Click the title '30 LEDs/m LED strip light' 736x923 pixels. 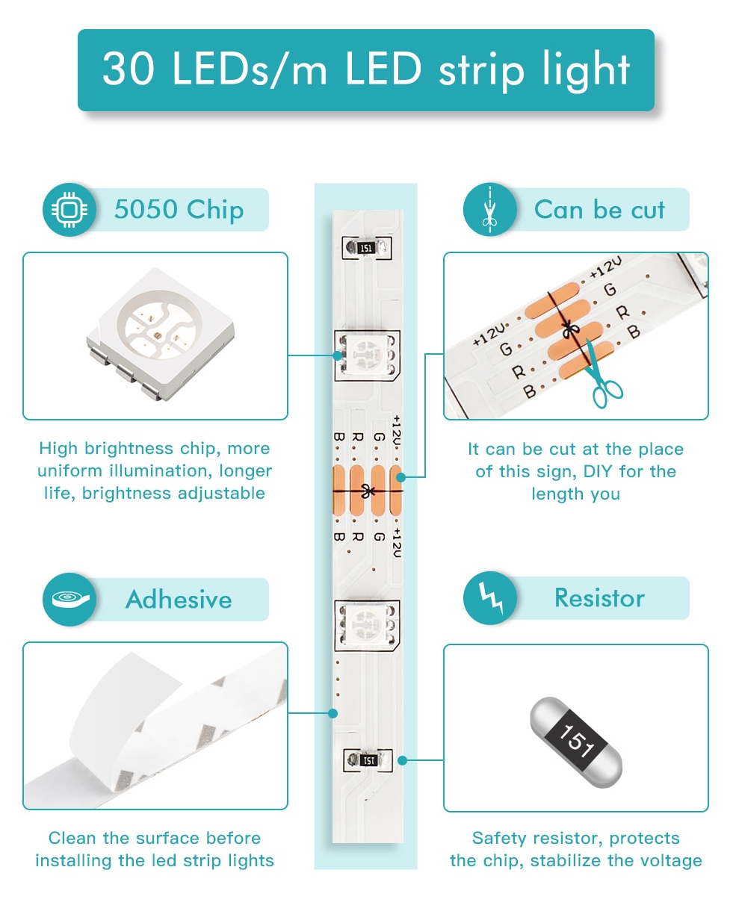(366, 69)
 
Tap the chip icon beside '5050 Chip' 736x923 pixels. (69, 211)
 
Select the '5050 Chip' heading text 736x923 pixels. (179, 210)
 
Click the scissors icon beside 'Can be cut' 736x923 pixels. (489, 211)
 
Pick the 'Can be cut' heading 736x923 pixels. (599, 211)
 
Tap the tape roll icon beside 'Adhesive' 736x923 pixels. (69, 599)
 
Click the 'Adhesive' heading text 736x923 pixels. (179, 600)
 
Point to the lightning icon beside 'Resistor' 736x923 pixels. (489, 597)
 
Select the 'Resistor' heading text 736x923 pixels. (599, 598)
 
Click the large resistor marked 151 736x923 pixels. (576, 742)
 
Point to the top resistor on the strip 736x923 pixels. (366, 248)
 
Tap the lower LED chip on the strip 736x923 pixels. (367, 624)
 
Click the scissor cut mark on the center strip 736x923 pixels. (367, 491)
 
